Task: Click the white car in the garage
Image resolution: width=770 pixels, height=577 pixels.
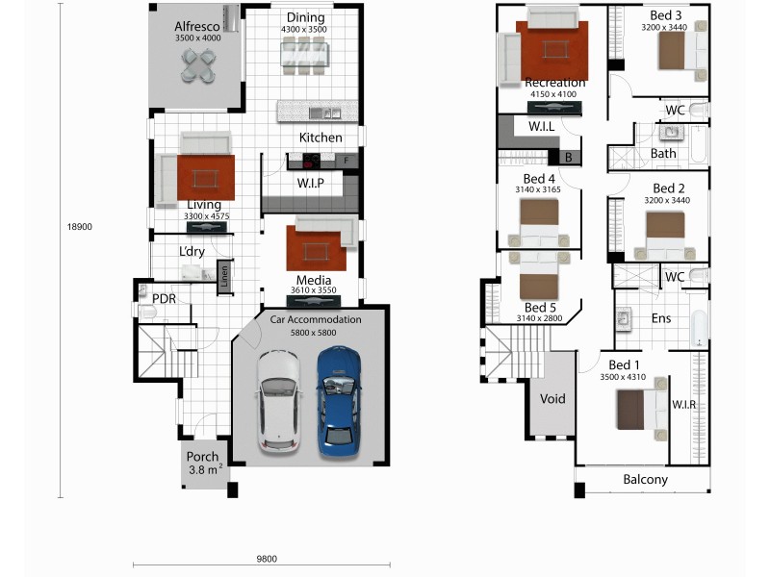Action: [x=280, y=401]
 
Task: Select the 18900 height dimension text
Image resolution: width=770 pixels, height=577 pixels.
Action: [x=79, y=227]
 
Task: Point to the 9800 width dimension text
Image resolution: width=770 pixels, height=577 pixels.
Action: [x=267, y=558]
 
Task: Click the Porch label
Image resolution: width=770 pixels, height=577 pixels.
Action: [x=203, y=457]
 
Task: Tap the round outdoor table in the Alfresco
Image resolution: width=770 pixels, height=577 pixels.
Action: [x=199, y=64]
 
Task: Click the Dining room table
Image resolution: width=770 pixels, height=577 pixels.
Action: [x=303, y=55]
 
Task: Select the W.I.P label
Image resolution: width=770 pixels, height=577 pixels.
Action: [x=310, y=183]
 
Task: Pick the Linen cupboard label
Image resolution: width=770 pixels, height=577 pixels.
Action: [x=223, y=276]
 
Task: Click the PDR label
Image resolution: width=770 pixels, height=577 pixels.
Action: [x=164, y=298]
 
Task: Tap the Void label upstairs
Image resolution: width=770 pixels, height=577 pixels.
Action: [x=552, y=398]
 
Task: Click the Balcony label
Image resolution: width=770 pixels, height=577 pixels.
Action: [x=645, y=479]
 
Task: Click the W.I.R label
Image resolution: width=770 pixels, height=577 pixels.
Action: [x=683, y=404]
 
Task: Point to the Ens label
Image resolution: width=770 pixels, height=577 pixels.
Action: [x=661, y=318]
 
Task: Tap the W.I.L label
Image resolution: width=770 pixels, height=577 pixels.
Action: [x=541, y=126]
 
